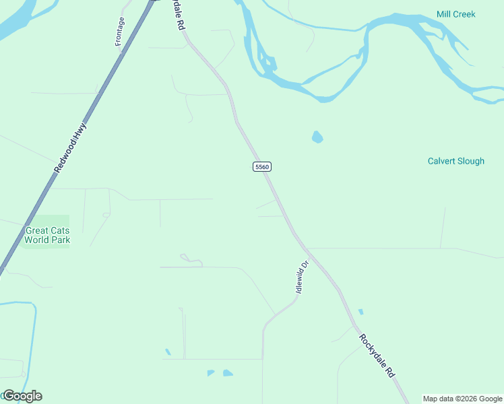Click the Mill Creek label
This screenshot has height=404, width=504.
click(x=455, y=14)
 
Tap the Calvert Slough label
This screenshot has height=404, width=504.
click(x=455, y=161)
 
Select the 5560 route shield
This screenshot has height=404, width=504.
click(x=262, y=166)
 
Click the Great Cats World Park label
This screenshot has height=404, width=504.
click(x=47, y=234)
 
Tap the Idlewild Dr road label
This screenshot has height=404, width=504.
click(x=301, y=277)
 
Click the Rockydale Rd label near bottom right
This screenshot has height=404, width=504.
click(x=377, y=356)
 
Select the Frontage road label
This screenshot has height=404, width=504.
click(x=120, y=32)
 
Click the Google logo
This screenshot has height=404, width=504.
click(x=22, y=396)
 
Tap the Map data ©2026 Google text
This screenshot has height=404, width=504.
click(x=462, y=399)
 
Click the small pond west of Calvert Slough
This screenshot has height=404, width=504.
click(x=317, y=137)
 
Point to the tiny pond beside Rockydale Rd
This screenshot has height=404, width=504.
click(x=361, y=312)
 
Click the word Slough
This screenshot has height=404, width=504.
click(x=470, y=161)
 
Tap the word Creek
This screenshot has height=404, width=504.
click(x=465, y=14)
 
